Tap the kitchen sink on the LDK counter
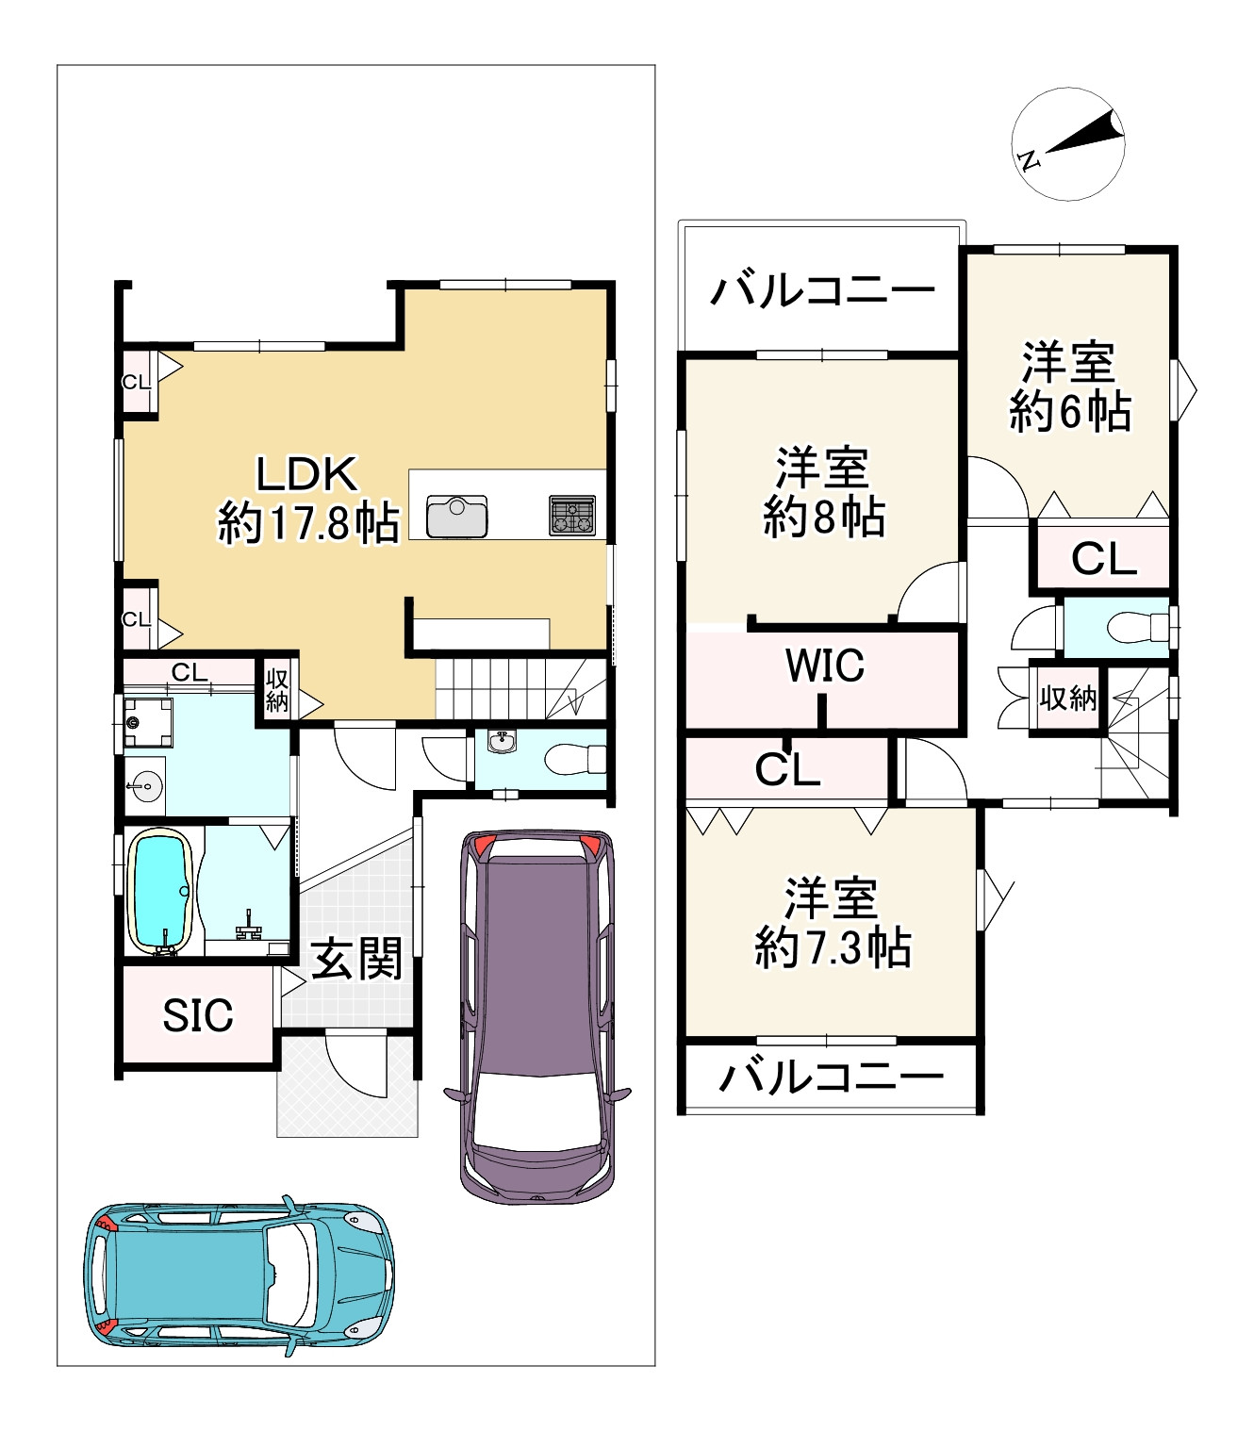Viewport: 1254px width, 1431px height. pyautogui.click(x=456, y=516)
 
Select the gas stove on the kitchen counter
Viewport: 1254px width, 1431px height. pyautogui.click(x=572, y=516)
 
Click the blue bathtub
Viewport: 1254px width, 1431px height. pyautogui.click(x=161, y=892)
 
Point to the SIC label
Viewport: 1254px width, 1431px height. pyautogui.click(x=198, y=1015)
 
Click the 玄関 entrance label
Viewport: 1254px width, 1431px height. pyautogui.click(x=356, y=959)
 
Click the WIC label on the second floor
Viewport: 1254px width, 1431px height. pyautogui.click(x=824, y=665)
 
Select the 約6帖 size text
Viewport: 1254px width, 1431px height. pyautogui.click(x=1069, y=411)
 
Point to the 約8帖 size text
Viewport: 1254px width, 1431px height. pyautogui.click(x=824, y=517)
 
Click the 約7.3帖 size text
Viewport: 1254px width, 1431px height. pyautogui.click(x=833, y=947)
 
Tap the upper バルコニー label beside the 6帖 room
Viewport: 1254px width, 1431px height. pyautogui.click(x=822, y=290)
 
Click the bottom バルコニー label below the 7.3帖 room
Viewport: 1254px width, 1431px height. pyautogui.click(x=832, y=1077)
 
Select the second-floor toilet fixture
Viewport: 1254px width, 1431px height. pyautogui.click(x=1137, y=627)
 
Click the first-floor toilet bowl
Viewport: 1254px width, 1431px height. pyautogui.click(x=575, y=759)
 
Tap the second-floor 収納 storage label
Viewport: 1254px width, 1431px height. pyautogui.click(x=1067, y=699)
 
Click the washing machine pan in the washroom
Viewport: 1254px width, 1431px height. pyautogui.click(x=148, y=722)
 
